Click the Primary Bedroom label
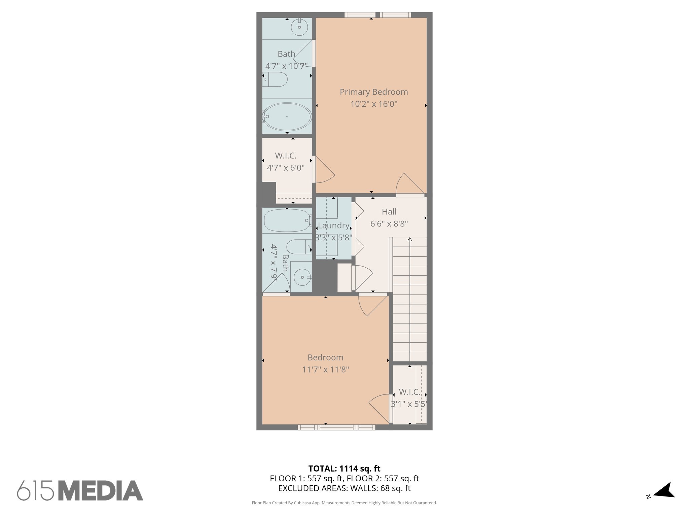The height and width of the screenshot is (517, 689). [373, 92]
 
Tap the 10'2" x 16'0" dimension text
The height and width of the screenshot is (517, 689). [373, 104]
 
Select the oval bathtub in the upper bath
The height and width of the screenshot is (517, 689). [287, 116]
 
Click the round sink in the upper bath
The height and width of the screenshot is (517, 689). [299, 27]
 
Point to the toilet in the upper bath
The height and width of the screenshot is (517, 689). [276, 79]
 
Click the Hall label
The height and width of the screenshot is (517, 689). [389, 212]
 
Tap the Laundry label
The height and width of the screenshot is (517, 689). [333, 226]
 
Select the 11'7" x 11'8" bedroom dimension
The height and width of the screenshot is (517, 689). [325, 370]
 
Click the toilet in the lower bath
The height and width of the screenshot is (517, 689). [299, 247]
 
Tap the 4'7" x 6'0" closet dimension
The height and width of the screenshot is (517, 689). [286, 168]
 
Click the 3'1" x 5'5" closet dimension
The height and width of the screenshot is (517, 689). [409, 404]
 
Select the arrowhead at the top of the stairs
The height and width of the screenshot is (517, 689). [410, 240]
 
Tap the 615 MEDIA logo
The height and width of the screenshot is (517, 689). [80, 491]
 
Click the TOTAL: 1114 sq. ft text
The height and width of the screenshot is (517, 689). [344, 469]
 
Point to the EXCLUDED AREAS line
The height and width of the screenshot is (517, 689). [344, 488]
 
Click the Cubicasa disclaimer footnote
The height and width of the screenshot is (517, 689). [344, 503]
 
